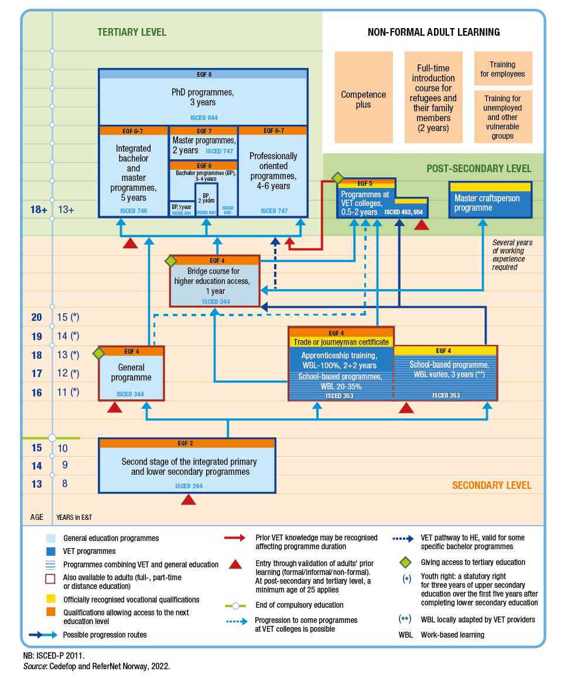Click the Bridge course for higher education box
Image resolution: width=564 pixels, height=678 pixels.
pos(214,281)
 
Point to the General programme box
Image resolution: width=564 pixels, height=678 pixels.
pos(131,374)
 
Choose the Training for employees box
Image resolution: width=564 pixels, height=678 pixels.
pos(503,69)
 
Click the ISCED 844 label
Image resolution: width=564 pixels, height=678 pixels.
pos(203,118)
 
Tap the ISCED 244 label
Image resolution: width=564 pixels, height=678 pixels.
pos(187,486)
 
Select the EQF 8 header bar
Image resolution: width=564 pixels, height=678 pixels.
pos(203,74)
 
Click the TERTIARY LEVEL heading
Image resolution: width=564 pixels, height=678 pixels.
pos(132,32)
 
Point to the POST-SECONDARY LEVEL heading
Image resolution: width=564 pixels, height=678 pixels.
pos(478,169)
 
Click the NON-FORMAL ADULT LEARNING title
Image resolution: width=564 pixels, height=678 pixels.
pos(433,32)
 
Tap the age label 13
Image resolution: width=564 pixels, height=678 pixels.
pos(36,484)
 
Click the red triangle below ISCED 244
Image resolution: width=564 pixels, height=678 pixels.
pos(188,499)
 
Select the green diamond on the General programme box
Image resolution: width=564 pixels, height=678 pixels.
pos(98,353)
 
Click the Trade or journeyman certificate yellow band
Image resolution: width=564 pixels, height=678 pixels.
pos(341,342)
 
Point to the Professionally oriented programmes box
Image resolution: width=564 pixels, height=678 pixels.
pos(273,171)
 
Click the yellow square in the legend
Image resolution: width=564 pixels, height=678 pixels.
pos(51,600)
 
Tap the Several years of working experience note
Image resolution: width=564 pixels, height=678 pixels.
pos(512,255)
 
